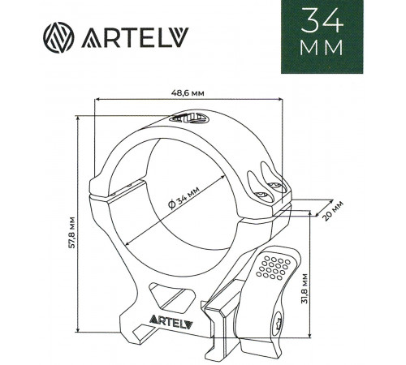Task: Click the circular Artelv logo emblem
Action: pyautogui.click(x=58, y=37)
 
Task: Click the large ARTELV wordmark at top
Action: pyautogui.click(x=135, y=37)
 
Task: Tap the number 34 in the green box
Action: pyautogui.click(x=322, y=20)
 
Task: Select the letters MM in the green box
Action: pyautogui.click(x=322, y=48)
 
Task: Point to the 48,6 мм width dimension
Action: pyautogui.click(x=188, y=93)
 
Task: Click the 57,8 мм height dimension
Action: pyautogui.click(x=72, y=232)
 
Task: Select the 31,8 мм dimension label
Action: pyautogui.click(x=304, y=289)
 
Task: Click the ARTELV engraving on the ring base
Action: pyautogui.click(x=171, y=321)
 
